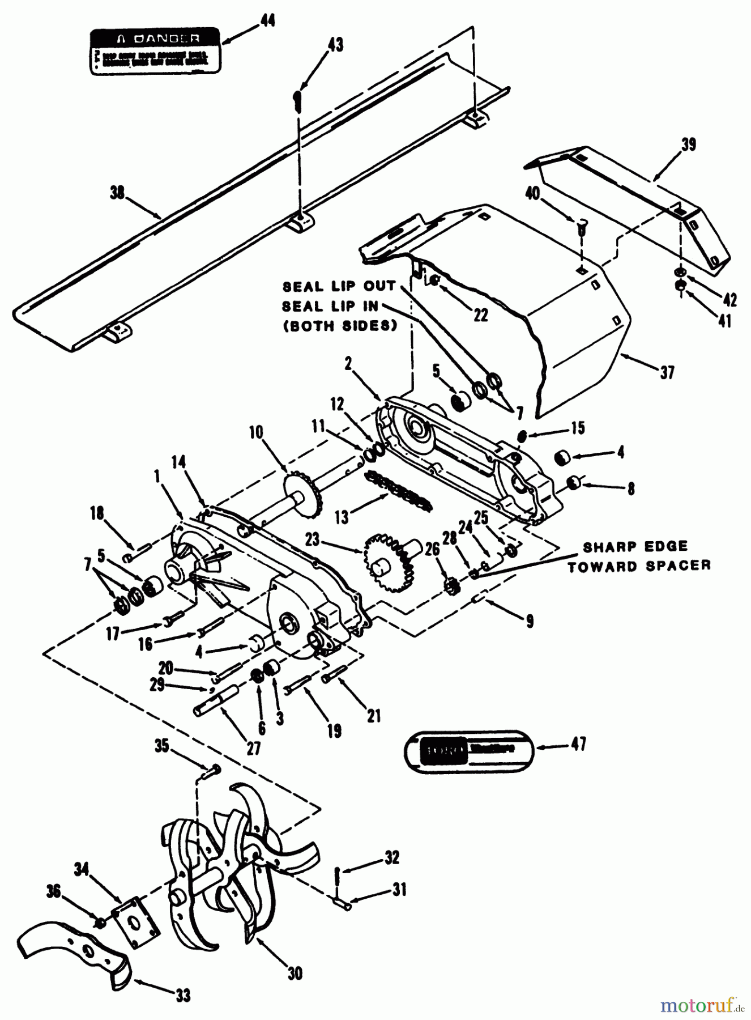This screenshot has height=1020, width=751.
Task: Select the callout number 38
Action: pyautogui.click(x=117, y=193)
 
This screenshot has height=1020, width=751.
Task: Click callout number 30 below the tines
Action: pyautogui.click(x=294, y=974)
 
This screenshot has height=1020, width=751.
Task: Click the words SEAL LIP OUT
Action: pyautogui.click(x=339, y=286)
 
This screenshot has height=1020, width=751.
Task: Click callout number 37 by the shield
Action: pyautogui.click(x=667, y=372)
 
